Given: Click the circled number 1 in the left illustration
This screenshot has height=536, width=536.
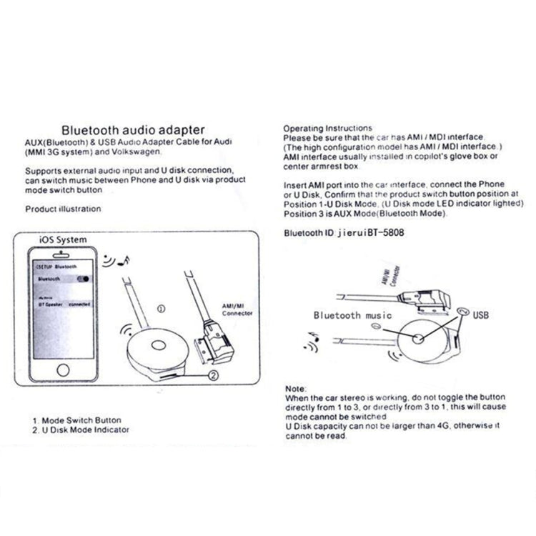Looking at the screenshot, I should click(x=160, y=309).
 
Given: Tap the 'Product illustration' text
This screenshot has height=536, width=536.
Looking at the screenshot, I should click(x=63, y=209).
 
